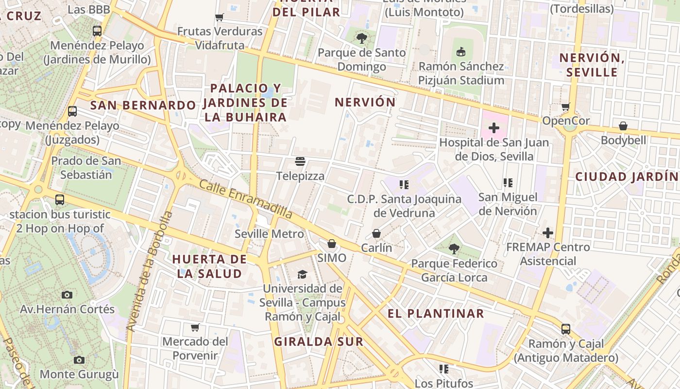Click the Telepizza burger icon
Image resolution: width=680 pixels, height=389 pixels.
tap(300, 161)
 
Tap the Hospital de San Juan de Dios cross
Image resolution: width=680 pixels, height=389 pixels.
tap(494, 128)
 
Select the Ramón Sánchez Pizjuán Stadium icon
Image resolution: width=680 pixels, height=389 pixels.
tap(461, 51)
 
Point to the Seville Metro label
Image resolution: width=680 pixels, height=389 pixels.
tap(269, 234)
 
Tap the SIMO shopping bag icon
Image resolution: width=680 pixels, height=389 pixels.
tap(332, 243)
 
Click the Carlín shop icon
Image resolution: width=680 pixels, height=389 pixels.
tap(376, 233)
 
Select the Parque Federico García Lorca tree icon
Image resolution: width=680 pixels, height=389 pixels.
tap(454, 249)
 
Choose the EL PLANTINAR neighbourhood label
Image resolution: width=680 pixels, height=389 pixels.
tap(436, 314)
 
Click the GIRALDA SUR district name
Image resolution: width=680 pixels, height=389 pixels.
tap(319, 341)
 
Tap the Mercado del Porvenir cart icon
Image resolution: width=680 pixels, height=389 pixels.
tap(195, 327)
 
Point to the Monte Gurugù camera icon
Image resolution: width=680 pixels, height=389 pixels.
tap(79, 360)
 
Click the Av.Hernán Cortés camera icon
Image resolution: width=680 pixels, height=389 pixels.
tap(67, 295)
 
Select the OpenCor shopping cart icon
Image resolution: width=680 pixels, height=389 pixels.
tap(565, 106)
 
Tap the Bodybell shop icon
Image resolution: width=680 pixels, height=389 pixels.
tap(623, 126)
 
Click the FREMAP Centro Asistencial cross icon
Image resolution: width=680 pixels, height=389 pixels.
tap(548, 232)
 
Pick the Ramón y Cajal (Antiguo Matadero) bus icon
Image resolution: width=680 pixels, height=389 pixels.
tap(565, 329)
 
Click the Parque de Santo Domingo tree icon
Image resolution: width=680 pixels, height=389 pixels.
tap(361, 38)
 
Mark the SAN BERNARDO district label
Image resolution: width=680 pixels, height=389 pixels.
tap(143, 105)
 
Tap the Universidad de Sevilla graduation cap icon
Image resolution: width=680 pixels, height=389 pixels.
tap(302, 274)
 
